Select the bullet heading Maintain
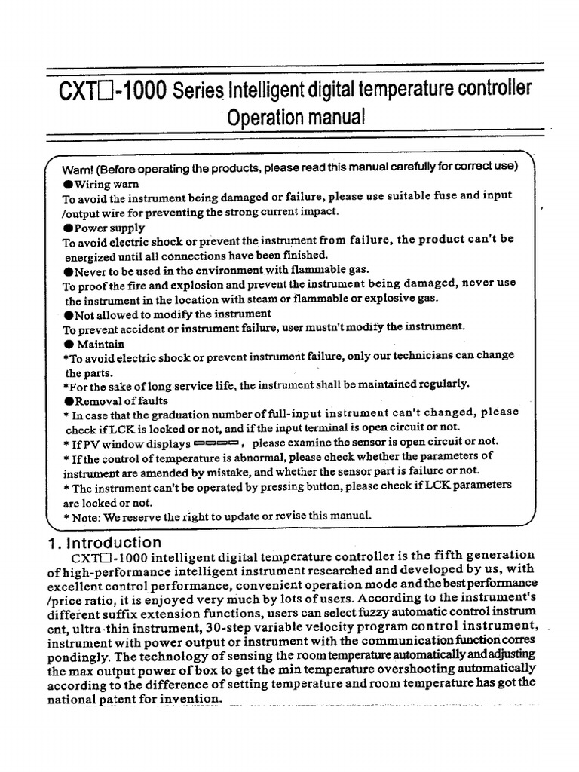point(99,344)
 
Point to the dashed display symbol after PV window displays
point(216,443)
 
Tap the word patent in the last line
point(137,700)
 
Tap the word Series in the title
point(199,93)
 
